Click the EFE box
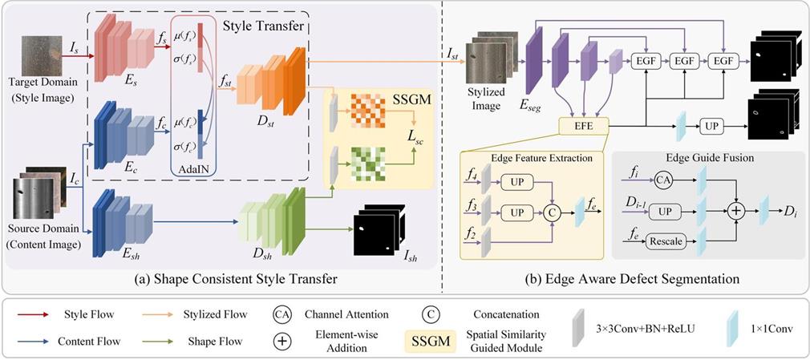coord(584,125)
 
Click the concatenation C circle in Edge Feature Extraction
coord(553,211)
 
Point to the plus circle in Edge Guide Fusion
coord(735,211)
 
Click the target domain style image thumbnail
coord(40,55)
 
